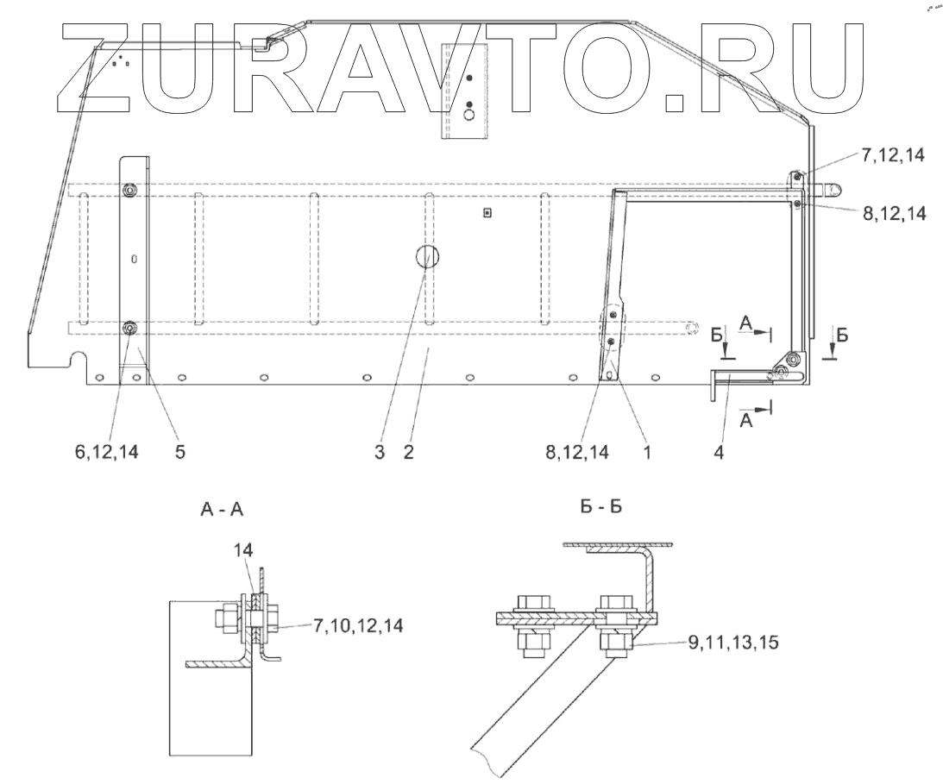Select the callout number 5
tap(179, 453)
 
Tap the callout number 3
tap(380, 453)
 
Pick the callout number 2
tap(407, 453)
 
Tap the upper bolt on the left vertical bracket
tap(129, 190)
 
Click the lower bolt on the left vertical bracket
tap(129, 329)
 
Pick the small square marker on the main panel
tap(487, 213)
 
